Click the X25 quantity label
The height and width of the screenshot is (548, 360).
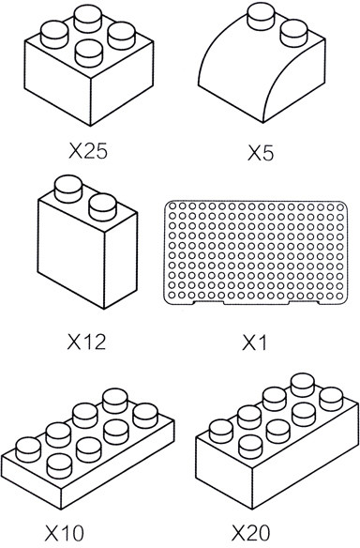(88, 151)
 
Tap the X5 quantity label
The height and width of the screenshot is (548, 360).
(261, 153)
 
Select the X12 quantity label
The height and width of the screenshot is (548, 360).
(86, 342)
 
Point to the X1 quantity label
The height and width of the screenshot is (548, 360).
(254, 342)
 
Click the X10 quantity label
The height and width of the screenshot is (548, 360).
(65, 533)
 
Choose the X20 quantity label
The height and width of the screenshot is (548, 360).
(251, 533)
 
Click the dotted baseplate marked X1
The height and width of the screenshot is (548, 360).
(256, 252)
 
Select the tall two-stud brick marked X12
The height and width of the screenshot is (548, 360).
(87, 242)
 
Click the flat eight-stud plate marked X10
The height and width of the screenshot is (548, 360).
(87, 449)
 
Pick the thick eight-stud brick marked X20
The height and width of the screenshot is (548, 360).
(277, 441)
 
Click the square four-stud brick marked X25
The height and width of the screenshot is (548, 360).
(89, 65)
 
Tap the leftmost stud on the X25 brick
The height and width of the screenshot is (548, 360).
(54, 34)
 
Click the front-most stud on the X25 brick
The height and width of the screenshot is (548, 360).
(89, 53)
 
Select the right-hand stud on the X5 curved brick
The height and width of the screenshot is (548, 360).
(294, 33)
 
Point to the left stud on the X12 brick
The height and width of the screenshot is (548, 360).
(68, 189)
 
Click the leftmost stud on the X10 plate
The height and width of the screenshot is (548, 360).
(28, 449)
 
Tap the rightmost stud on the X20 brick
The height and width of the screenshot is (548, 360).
(331, 399)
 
